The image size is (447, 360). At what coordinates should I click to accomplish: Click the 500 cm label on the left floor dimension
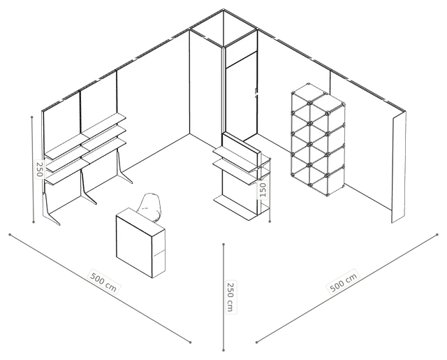(x=103, y=282)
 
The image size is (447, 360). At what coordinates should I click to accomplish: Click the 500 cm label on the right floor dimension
(x=343, y=282)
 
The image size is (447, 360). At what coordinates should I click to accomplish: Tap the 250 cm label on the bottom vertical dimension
(x=230, y=297)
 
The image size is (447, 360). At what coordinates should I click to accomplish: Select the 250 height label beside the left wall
(x=40, y=169)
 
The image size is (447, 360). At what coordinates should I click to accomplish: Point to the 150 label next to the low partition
(x=263, y=189)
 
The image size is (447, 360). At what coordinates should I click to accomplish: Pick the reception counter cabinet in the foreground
(x=140, y=243)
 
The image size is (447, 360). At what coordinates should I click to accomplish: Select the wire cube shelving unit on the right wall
(x=318, y=140)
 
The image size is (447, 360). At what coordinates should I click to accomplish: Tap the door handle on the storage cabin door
(x=256, y=93)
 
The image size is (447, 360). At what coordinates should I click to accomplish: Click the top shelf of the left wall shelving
(x=85, y=136)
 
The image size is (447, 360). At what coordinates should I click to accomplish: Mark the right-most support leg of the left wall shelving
(x=123, y=168)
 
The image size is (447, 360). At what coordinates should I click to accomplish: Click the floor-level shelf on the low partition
(x=236, y=207)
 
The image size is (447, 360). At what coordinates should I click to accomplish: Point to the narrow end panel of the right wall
(x=399, y=167)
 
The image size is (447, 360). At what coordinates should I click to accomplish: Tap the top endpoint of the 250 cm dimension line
(x=223, y=244)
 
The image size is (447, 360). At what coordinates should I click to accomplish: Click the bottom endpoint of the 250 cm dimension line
(x=223, y=350)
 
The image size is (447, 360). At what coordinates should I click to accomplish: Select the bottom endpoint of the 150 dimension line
(x=270, y=221)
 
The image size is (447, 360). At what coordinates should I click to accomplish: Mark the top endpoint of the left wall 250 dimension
(x=32, y=117)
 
